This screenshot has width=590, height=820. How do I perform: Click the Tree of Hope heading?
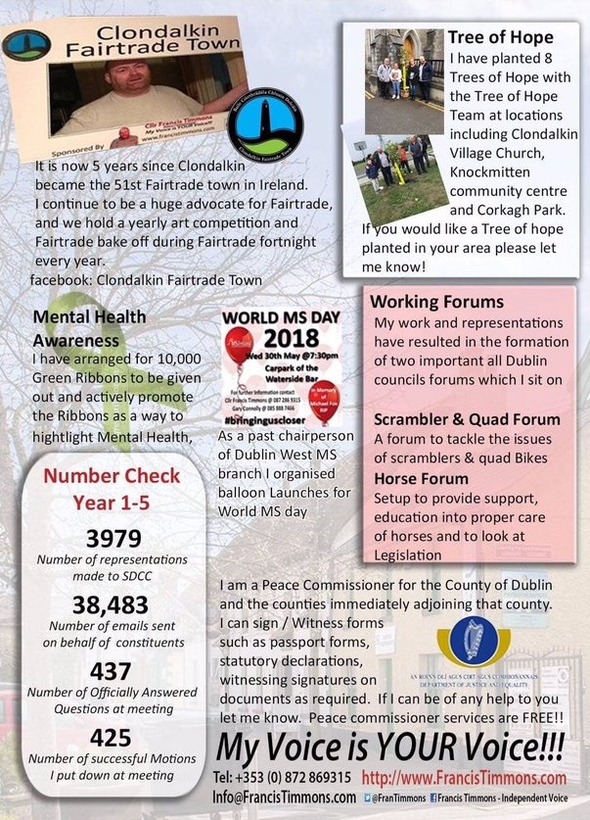pyautogui.click(x=500, y=37)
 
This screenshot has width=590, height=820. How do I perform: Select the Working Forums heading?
pyautogui.click(x=437, y=303)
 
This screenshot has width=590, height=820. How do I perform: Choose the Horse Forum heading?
pyautogui.click(x=421, y=478)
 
